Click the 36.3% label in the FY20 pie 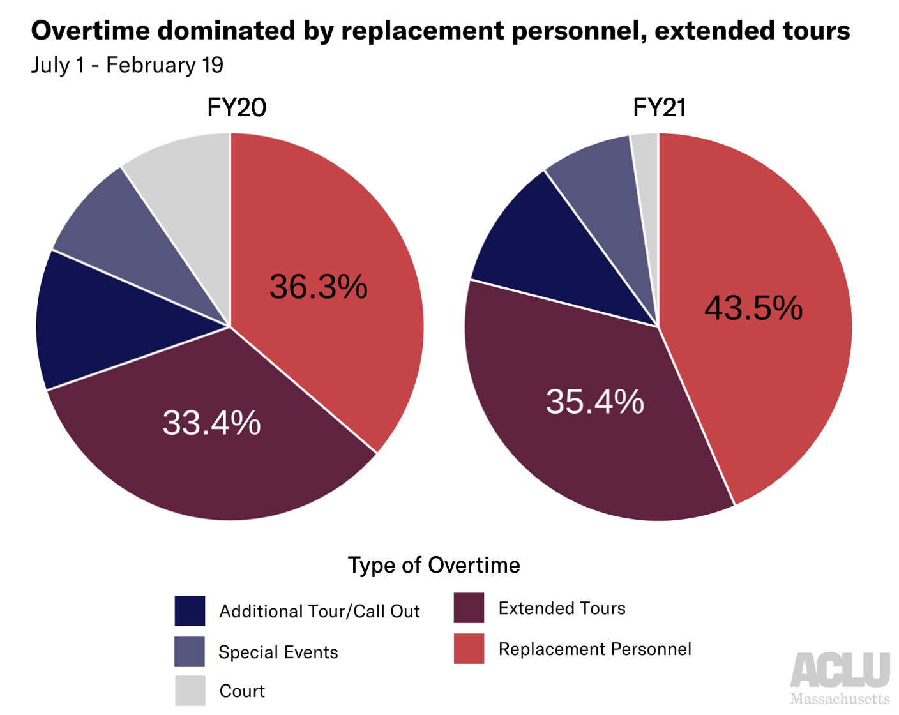point(318,287)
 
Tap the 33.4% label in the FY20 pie point(211,423)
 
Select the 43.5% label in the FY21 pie point(753,308)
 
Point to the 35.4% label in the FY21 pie point(594,402)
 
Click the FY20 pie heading point(236,107)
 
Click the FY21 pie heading point(659,107)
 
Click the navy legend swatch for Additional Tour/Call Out point(190,611)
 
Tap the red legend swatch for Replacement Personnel point(469,649)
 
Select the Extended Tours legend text point(562,608)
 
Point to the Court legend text point(242,691)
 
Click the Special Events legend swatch point(190,652)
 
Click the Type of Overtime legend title point(434,565)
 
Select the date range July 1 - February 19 point(127,65)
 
